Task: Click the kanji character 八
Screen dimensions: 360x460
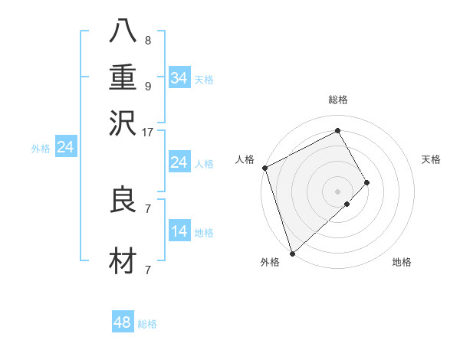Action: pos(124,32)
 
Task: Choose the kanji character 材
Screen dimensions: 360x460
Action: pos(124,261)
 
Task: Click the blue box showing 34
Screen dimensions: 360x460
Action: pos(179,78)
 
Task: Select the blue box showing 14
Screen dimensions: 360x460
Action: pos(179,232)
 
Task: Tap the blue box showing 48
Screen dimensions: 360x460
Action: pos(123,322)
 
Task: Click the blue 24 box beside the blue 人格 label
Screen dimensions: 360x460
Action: pos(179,162)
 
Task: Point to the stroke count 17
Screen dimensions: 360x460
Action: pos(148,132)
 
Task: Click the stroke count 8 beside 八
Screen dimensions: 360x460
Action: pos(147,41)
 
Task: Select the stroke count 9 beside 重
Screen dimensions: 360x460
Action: pos(147,85)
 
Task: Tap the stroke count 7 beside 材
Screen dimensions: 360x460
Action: pos(147,270)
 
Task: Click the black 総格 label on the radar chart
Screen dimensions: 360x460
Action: pos(338,100)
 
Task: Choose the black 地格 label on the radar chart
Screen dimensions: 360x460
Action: pos(402,262)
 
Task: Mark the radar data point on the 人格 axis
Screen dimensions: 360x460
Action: pos(264,168)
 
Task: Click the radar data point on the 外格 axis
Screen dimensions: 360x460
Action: pos(292,253)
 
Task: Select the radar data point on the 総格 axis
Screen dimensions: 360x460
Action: pos(338,130)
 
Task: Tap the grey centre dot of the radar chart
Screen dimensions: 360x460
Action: pos(338,191)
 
